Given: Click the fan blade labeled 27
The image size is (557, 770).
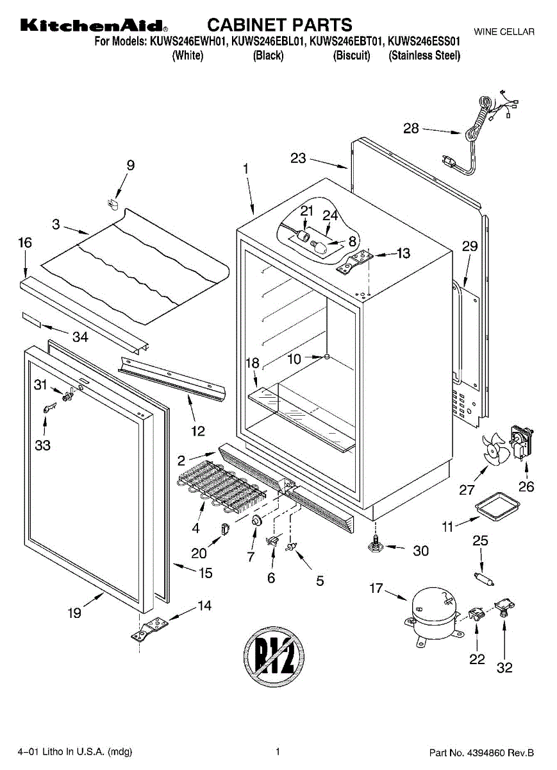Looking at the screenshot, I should (x=494, y=451).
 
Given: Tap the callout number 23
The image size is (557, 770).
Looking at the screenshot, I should (x=298, y=158).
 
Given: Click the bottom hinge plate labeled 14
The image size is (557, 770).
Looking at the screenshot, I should (x=151, y=627).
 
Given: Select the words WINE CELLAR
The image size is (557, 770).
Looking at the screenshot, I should (x=504, y=32).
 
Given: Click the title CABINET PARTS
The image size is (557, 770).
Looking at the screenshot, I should (x=280, y=25).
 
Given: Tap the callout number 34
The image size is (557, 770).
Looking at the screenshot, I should (x=80, y=336).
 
